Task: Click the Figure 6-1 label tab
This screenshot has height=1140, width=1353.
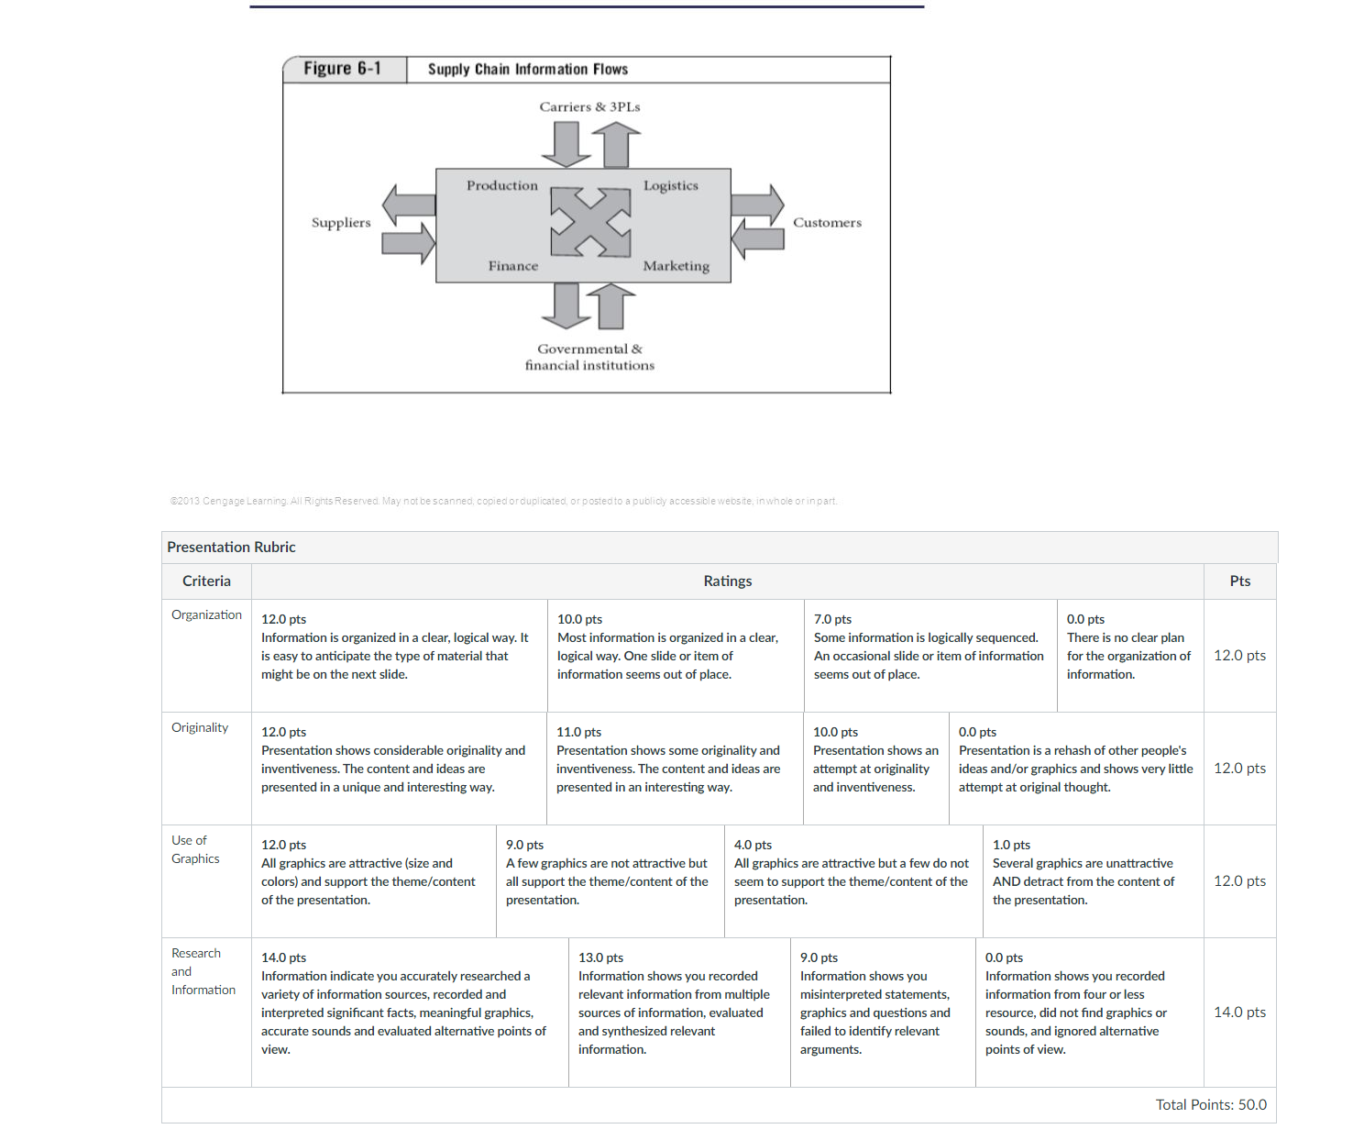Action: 344,69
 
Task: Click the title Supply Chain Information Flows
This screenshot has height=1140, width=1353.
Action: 527,70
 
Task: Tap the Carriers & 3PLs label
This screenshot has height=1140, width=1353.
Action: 589,107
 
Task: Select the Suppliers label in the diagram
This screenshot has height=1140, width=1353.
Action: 341,223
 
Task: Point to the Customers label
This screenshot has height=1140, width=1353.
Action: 828,223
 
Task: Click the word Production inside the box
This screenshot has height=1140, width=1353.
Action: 502,185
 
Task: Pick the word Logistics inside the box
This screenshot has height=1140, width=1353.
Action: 671,185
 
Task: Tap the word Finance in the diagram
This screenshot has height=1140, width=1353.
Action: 513,266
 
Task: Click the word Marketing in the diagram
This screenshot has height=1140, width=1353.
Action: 676,266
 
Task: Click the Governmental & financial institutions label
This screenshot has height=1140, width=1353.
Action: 589,358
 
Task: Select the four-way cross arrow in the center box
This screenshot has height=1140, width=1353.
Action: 590,223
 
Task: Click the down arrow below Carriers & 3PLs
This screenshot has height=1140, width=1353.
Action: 566,144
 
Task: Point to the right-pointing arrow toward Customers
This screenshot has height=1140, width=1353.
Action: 757,205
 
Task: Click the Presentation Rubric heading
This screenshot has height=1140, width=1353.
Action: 231,548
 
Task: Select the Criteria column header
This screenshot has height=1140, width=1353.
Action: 207,581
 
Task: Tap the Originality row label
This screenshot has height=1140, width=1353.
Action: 200,727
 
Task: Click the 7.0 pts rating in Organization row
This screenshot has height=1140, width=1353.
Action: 832,619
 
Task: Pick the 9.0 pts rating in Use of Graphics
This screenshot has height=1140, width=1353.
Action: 525,845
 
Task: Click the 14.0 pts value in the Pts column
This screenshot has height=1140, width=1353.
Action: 1239,1013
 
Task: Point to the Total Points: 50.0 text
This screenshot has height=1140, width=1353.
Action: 1211,1105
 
